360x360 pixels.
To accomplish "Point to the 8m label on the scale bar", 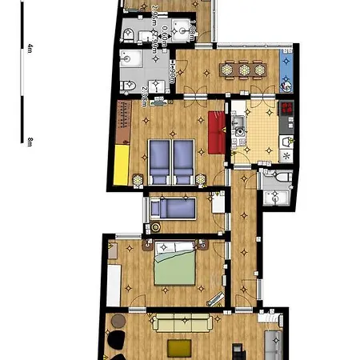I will tap(30, 142).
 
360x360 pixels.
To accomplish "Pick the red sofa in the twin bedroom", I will tap(215, 132).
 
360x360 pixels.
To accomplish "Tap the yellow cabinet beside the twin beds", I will tap(122, 164).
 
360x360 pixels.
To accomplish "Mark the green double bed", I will tap(175, 266).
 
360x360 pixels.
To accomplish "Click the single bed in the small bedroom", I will tap(174, 209).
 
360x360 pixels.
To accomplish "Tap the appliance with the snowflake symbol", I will tap(286, 142).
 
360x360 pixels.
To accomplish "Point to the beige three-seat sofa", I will tap(182, 324).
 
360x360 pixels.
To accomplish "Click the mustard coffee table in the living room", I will tap(179, 348).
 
